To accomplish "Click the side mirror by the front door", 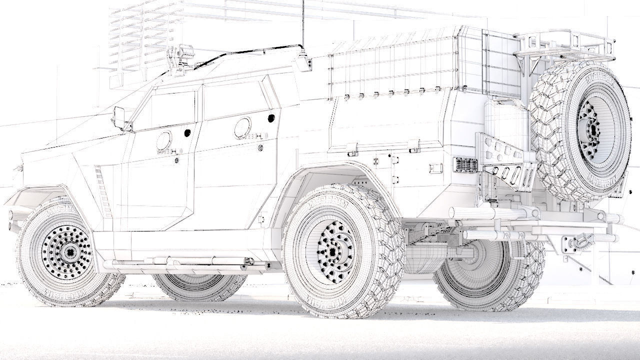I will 119,117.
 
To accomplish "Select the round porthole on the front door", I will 163,142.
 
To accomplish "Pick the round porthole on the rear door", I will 242,128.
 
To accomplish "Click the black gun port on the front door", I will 187,133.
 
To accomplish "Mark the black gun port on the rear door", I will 271,118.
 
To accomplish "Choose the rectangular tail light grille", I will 467,164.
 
